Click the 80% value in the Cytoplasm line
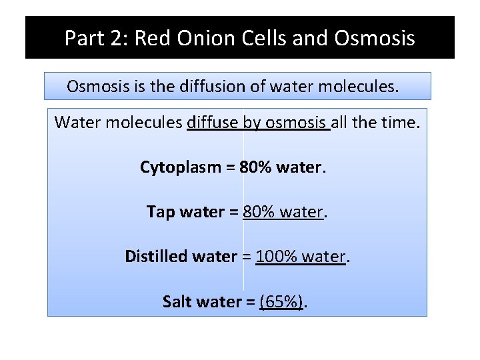tap(255, 167)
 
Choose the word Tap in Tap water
tap(159, 212)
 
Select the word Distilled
tap(155, 256)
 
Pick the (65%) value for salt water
tap(281, 301)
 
